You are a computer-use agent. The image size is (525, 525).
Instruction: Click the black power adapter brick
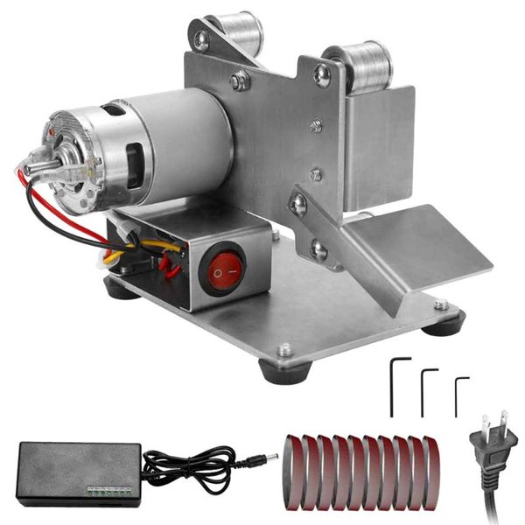79,472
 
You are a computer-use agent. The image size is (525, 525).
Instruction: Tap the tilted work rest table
420,245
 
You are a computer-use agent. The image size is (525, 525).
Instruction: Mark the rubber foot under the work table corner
443,324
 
